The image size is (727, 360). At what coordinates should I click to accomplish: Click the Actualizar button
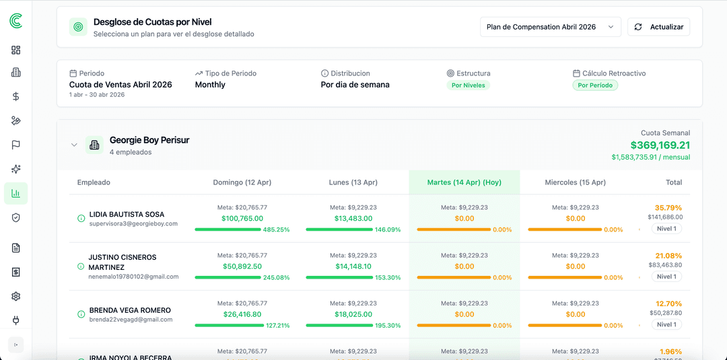(x=658, y=27)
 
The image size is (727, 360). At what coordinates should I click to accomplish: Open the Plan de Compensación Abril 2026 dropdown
(x=550, y=27)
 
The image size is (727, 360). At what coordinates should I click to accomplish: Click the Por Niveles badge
(x=468, y=85)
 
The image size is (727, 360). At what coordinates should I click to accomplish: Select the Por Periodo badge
(x=595, y=85)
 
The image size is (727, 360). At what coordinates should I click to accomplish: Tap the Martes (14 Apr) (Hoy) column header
(x=464, y=182)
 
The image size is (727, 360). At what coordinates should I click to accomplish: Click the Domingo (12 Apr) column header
(x=242, y=182)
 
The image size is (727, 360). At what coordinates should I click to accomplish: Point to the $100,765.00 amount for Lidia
(x=242, y=219)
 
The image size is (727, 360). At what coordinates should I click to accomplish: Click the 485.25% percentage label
(x=276, y=230)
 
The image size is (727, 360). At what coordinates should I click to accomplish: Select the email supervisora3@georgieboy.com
(x=133, y=223)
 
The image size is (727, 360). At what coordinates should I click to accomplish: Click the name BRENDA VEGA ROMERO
(x=130, y=310)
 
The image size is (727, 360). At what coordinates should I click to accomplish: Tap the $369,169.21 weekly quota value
(x=660, y=145)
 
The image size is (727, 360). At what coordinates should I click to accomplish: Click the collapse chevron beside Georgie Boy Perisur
(x=75, y=145)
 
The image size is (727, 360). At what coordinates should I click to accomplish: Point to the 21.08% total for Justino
(x=668, y=256)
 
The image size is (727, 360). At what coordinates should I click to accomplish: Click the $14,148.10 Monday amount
(x=353, y=266)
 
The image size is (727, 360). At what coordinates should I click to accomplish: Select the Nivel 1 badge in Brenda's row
(x=666, y=324)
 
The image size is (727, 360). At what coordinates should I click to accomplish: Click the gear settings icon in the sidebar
(x=16, y=297)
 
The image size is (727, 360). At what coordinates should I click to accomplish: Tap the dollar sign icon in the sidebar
(x=16, y=96)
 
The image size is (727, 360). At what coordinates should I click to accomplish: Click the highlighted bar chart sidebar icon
(x=16, y=194)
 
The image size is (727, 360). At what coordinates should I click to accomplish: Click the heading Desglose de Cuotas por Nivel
(x=152, y=22)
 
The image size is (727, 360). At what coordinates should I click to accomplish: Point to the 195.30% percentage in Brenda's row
(x=388, y=326)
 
